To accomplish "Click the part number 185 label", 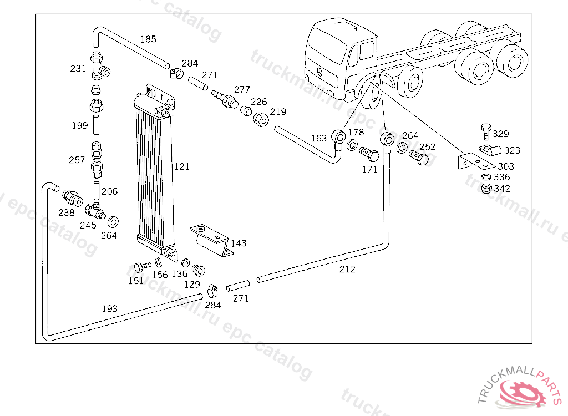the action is pyautogui.click(x=148, y=39).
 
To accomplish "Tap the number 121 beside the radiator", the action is pyautogui.click(x=182, y=167).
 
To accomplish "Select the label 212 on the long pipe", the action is pyautogui.click(x=347, y=269).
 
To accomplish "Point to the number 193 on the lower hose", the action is pyautogui.click(x=109, y=309).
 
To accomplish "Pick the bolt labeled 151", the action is pyautogui.click(x=142, y=267).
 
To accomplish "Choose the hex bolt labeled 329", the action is pyautogui.click(x=486, y=131).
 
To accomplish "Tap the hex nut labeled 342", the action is pyautogui.click(x=486, y=189).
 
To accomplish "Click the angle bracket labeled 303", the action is pyautogui.click(x=475, y=161).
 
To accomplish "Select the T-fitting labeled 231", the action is pyautogui.click(x=99, y=66).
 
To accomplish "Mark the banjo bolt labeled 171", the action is pyautogui.click(x=369, y=154).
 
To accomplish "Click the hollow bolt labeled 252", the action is pyautogui.click(x=418, y=158).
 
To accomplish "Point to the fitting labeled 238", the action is pyautogui.click(x=73, y=197).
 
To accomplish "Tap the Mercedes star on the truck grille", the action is pyautogui.click(x=321, y=71).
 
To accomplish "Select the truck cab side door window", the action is pyautogui.click(x=366, y=50).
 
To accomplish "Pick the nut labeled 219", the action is pyautogui.click(x=261, y=119).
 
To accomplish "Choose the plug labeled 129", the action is pyautogui.click(x=199, y=270).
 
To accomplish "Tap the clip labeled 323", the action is pyautogui.click(x=490, y=150).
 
